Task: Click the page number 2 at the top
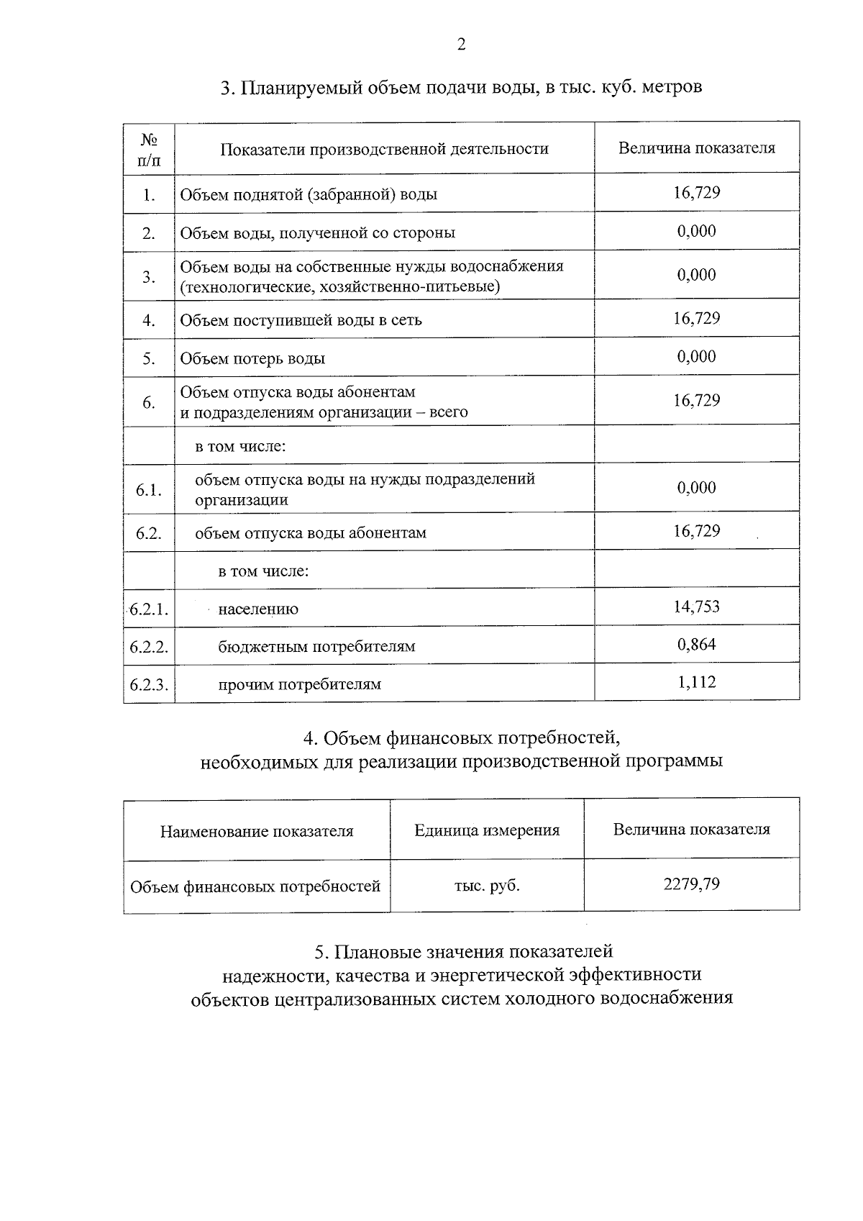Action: (461, 45)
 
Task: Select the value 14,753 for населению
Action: (696, 607)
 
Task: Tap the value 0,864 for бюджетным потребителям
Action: (696, 644)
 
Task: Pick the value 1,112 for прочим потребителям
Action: (696, 682)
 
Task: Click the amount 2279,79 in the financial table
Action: (691, 884)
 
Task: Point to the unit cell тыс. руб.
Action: (487, 886)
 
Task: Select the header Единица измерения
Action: (487, 830)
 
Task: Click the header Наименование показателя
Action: (257, 832)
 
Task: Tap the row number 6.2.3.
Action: (149, 684)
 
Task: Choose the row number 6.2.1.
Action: (149, 609)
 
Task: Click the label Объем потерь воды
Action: (252, 358)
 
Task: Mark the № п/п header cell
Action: (149, 149)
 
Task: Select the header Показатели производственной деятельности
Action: (384, 149)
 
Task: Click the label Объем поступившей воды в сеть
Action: (301, 320)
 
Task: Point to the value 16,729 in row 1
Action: (696, 192)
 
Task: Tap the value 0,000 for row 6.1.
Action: (696, 488)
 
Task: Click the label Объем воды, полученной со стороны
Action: (317, 233)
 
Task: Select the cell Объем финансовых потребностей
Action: (255, 886)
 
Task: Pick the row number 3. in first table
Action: (149, 276)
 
